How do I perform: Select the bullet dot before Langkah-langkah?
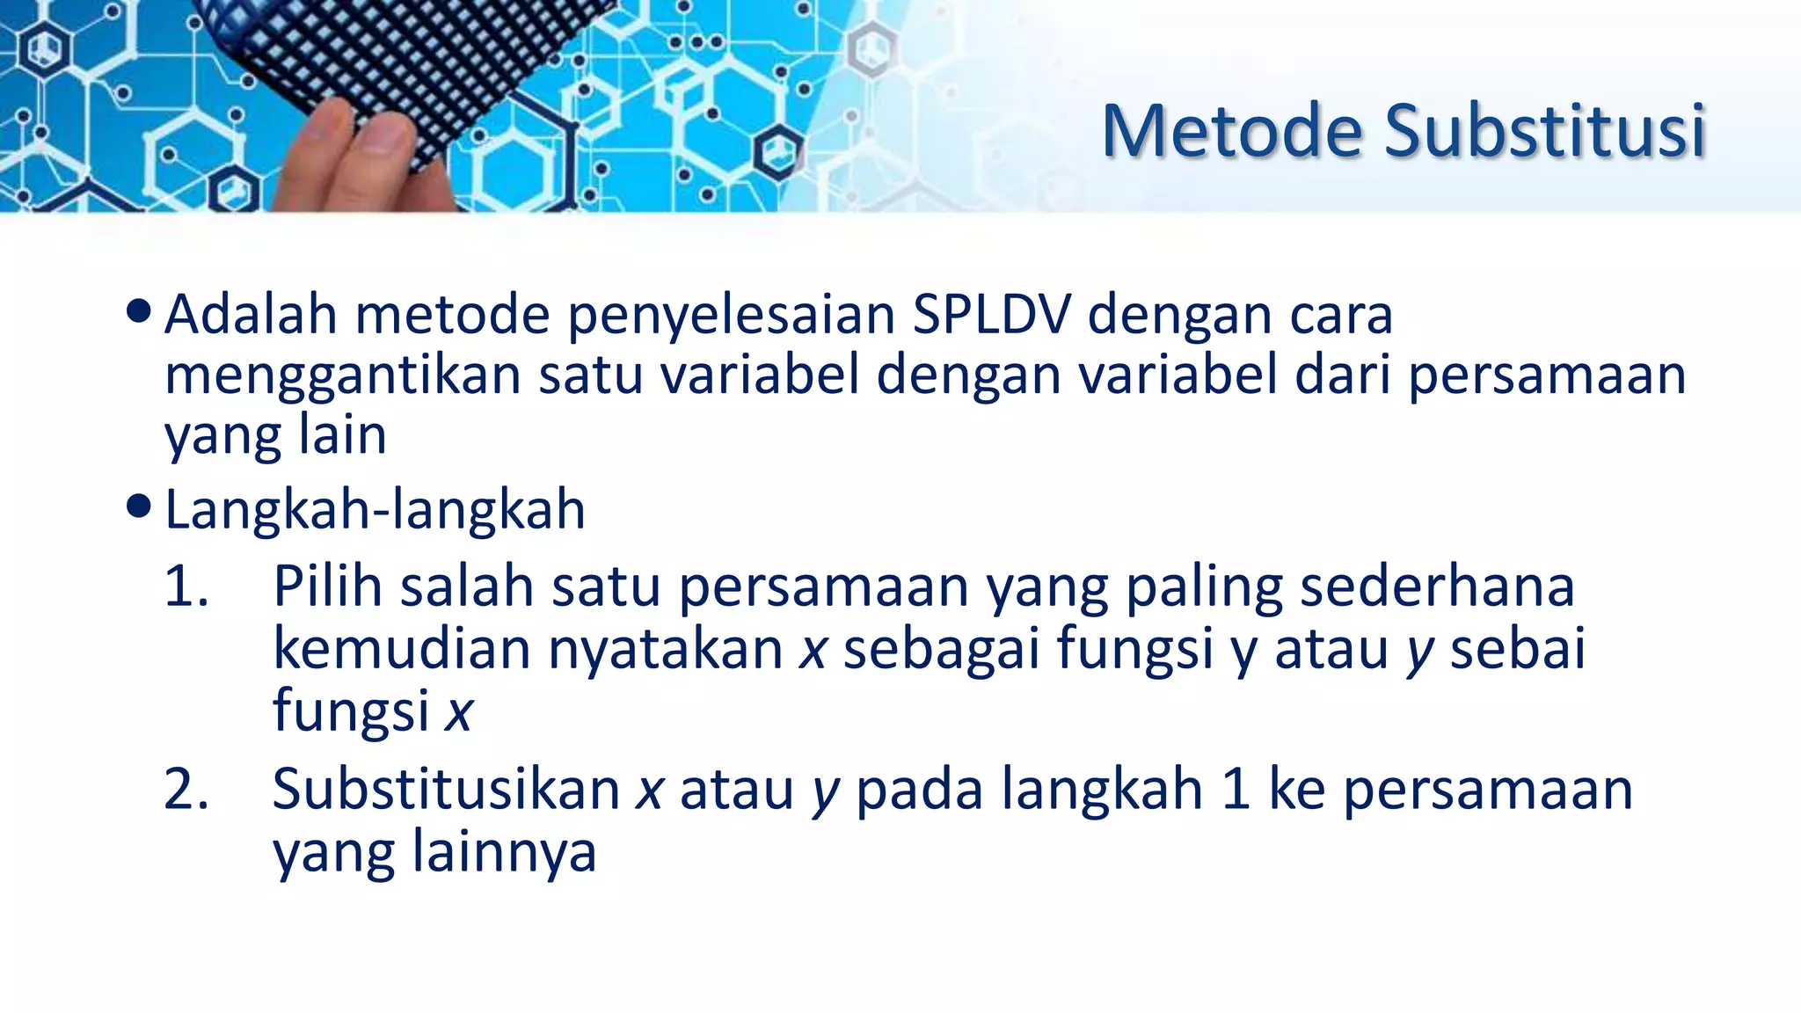(x=138, y=506)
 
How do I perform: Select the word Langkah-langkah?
(x=375, y=510)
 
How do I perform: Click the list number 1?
(x=185, y=587)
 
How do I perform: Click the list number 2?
(x=186, y=789)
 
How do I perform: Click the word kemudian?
(x=401, y=649)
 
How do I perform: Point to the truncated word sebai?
(x=1518, y=649)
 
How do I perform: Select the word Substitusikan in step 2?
(x=446, y=789)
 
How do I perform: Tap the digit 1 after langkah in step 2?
(x=1236, y=789)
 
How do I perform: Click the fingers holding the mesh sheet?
(x=352, y=158)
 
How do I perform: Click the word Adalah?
(x=251, y=314)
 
